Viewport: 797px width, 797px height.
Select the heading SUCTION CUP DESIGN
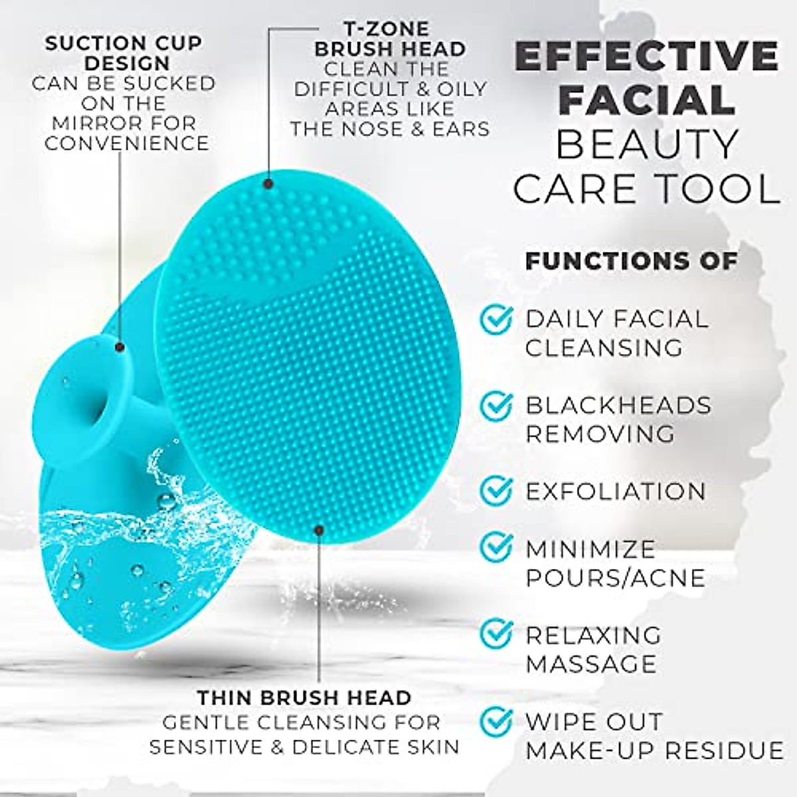(x=124, y=53)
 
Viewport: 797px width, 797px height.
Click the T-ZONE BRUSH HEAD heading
(x=390, y=39)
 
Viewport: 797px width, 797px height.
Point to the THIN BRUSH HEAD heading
(x=304, y=697)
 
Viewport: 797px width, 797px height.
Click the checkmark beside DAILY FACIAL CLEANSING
(x=496, y=319)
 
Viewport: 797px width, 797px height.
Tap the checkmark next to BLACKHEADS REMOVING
(x=496, y=405)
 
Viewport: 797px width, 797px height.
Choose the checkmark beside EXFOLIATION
(x=496, y=490)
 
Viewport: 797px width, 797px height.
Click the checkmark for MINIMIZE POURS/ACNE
(x=496, y=547)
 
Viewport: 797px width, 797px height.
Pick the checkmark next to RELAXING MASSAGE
(x=496, y=634)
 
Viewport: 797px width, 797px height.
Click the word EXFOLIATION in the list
(x=616, y=491)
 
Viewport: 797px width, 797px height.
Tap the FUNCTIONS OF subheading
(x=631, y=261)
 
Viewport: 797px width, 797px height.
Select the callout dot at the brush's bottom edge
(x=319, y=529)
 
